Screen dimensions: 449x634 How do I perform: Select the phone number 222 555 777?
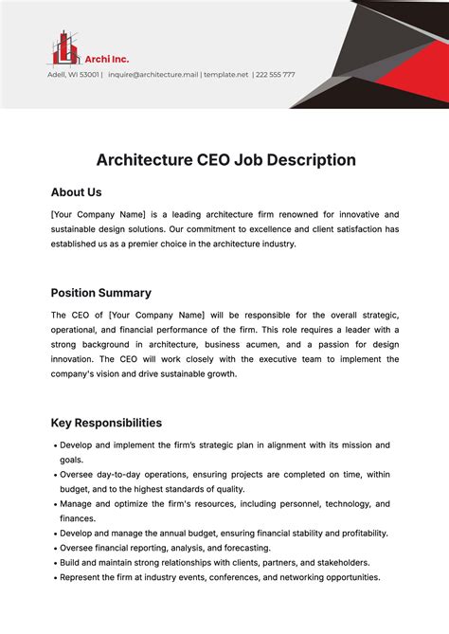click(x=275, y=74)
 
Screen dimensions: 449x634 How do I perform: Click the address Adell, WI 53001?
click(x=74, y=74)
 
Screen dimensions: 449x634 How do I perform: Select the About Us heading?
click(x=76, y=192)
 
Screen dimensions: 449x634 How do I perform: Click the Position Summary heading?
click(x=100, y=293)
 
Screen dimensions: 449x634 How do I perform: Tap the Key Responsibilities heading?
click(x=106, y=423)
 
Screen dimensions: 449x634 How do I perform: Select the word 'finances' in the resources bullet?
click(x=78, y=518)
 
